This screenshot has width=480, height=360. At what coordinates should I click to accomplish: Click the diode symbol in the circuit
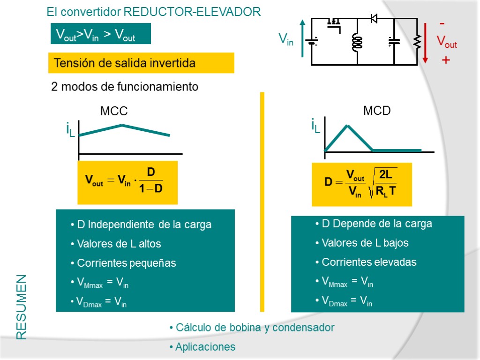point(374,19)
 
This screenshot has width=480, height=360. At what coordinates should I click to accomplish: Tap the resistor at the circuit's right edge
point(417,43)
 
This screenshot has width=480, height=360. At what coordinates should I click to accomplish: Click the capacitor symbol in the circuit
point(394,42)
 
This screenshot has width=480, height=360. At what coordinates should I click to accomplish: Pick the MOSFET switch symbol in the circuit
point(334,23)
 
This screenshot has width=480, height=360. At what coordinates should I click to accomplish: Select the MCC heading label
point(114,112)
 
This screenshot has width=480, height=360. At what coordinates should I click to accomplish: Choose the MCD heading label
point(377,111)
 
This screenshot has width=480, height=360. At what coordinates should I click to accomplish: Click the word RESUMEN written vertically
point(22,307)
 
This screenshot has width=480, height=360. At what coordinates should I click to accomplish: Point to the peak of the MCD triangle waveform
point(347,126)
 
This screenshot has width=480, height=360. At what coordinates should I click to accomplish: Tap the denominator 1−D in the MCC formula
point(151,189)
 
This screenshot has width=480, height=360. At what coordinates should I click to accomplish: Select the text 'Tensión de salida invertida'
point(124,63)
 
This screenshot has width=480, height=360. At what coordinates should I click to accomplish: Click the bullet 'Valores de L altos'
point(119,244)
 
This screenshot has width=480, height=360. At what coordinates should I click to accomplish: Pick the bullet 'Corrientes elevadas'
point(369,262)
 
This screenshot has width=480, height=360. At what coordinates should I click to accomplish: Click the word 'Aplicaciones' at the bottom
point(205,347)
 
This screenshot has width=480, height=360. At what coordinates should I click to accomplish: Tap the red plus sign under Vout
point(446,60)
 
